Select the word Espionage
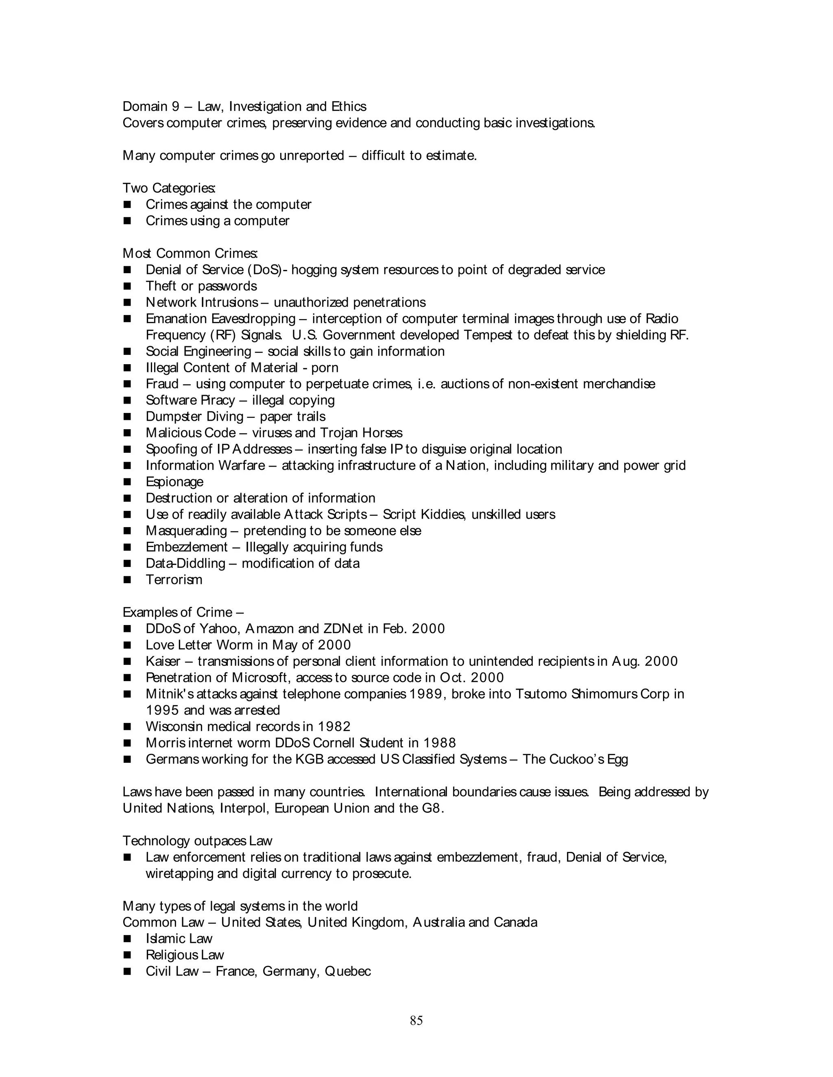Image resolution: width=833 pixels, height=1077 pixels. click(x=174, y=482)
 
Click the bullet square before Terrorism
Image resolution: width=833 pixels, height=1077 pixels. click(x=127, y=580)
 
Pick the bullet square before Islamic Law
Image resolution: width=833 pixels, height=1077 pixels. click(x=127, y=939)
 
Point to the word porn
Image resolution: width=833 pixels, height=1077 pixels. click(x=324, y=368)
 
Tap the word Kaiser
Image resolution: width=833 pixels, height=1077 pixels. click(x=163, y=661)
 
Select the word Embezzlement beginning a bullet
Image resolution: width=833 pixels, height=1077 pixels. click(x=187, y=547)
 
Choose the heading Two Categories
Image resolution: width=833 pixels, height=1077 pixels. click(x=168, y=189)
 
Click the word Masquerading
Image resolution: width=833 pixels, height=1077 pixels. click(x=186, y=531)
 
